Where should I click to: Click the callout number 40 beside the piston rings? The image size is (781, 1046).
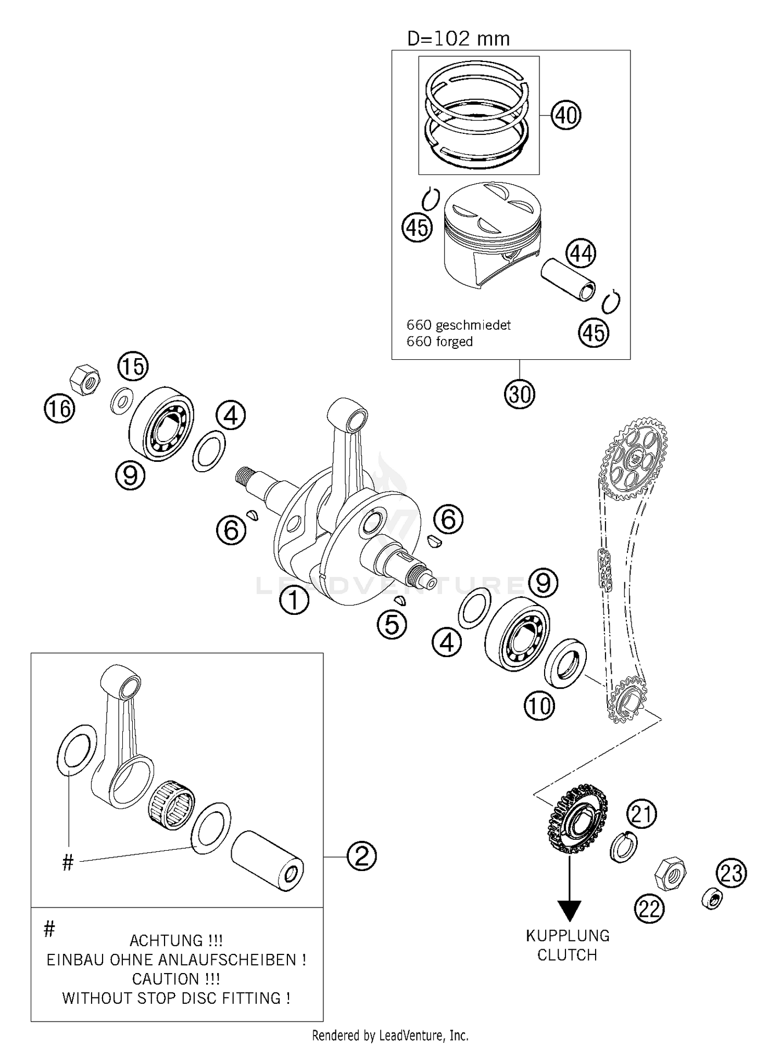tap(566, 115)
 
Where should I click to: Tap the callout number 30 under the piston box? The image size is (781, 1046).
tap(519, 394)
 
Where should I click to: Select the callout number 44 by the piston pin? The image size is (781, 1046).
tap(581, 254)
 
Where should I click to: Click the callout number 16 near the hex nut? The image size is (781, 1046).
tap(59, 408)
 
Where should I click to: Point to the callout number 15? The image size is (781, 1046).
tap(133, 366)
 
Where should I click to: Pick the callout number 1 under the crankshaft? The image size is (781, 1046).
tap(294, 600)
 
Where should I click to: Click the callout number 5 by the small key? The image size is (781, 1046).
tap(392, 624)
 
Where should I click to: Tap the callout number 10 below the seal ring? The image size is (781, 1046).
tap(539, 706)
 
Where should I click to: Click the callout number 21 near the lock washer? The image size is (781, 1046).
tap(641, 814)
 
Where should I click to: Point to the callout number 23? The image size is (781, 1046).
tap(731, 873)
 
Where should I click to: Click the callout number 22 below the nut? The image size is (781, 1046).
tap(649, 910)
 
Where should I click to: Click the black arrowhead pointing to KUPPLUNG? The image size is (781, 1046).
tap(570, 910)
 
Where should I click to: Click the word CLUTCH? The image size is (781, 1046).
tap(567, 955)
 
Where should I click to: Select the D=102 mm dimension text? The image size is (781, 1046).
tap(458, 39)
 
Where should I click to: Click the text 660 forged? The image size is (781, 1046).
tap(439, 342)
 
